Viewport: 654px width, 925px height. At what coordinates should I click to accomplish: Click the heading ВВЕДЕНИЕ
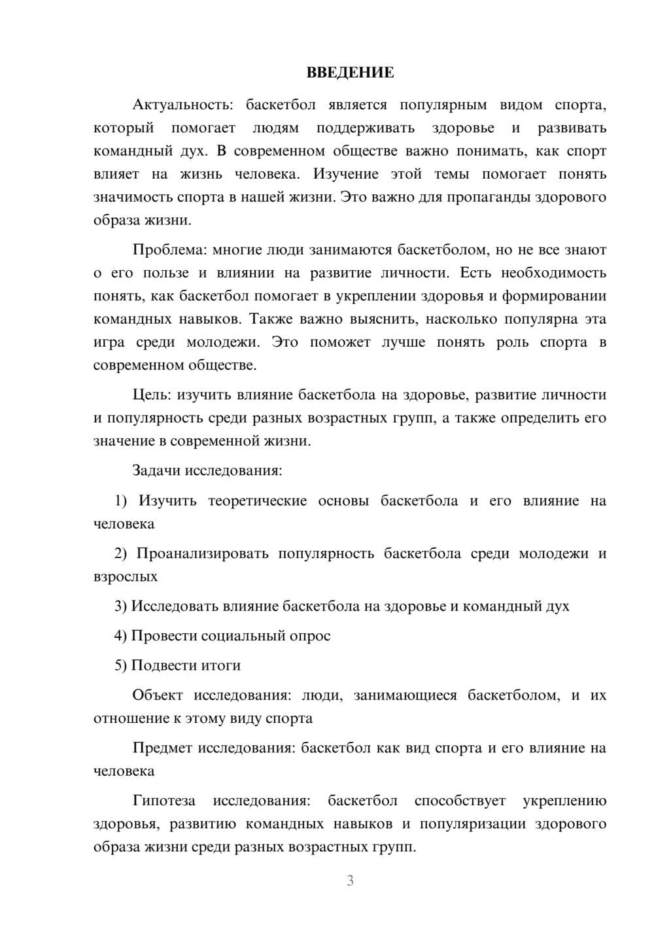click(351, 73)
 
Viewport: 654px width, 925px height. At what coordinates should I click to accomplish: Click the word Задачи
click(157, 470)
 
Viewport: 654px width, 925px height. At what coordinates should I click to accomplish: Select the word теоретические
click(257, 501)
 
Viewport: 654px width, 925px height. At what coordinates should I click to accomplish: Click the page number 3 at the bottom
click(350, 881)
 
